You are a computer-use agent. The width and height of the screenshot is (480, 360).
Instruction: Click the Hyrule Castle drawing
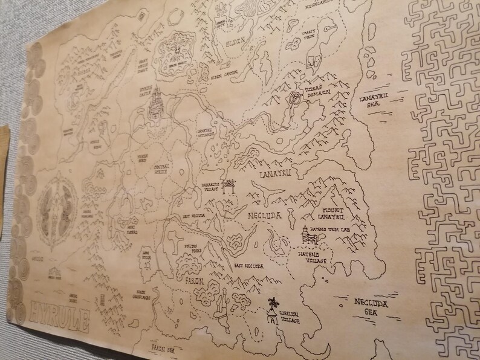pos(156,104)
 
